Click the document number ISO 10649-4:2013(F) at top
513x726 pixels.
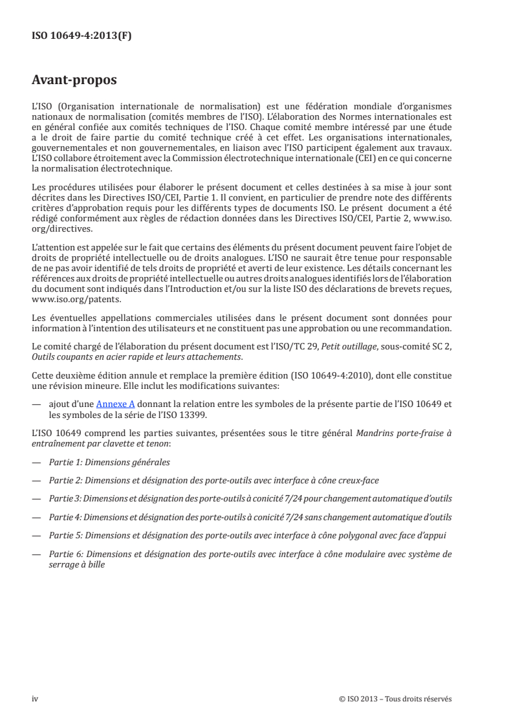[82, 36]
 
